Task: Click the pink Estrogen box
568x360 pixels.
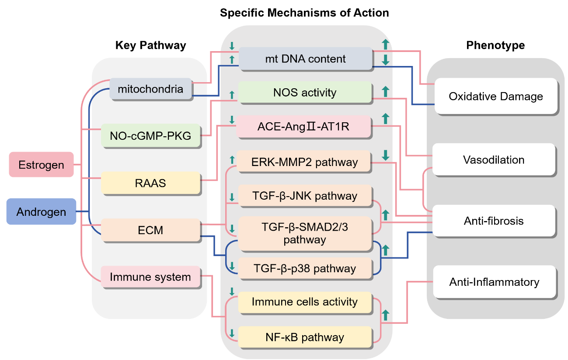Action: (x=42, y=164)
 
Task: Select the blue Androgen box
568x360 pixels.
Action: (x=42, y=211)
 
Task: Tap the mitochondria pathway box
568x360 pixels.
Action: (x=150, y=89)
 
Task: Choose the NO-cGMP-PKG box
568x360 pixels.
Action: (x=150, y=135)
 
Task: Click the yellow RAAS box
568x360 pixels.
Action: (x=150, y=183)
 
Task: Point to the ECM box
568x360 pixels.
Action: (x=150, y=230)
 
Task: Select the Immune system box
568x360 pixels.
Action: (x=150, y=277)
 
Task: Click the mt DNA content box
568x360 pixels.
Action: (x=306, y=59)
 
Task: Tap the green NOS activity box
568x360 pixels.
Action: (x=305, y=92)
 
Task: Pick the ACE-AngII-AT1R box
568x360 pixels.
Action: (x=303, y=126)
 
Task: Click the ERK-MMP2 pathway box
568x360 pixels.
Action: (x=303, y=162)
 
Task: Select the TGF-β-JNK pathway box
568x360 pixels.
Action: (x=305, y=196)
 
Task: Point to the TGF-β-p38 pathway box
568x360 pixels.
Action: (x=305, y=268)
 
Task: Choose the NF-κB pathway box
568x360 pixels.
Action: (x=305, y=337)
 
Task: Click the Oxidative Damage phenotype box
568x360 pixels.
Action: (x=496, y=96)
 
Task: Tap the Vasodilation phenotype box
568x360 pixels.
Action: (x=494, y=159)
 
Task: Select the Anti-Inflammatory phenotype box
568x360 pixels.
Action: (x=495, y=282)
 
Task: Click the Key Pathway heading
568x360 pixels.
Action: (x=150, y=45)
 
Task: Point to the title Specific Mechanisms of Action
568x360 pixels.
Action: (x=304, y=13)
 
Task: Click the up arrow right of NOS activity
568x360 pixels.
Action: (x=385, y=91)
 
